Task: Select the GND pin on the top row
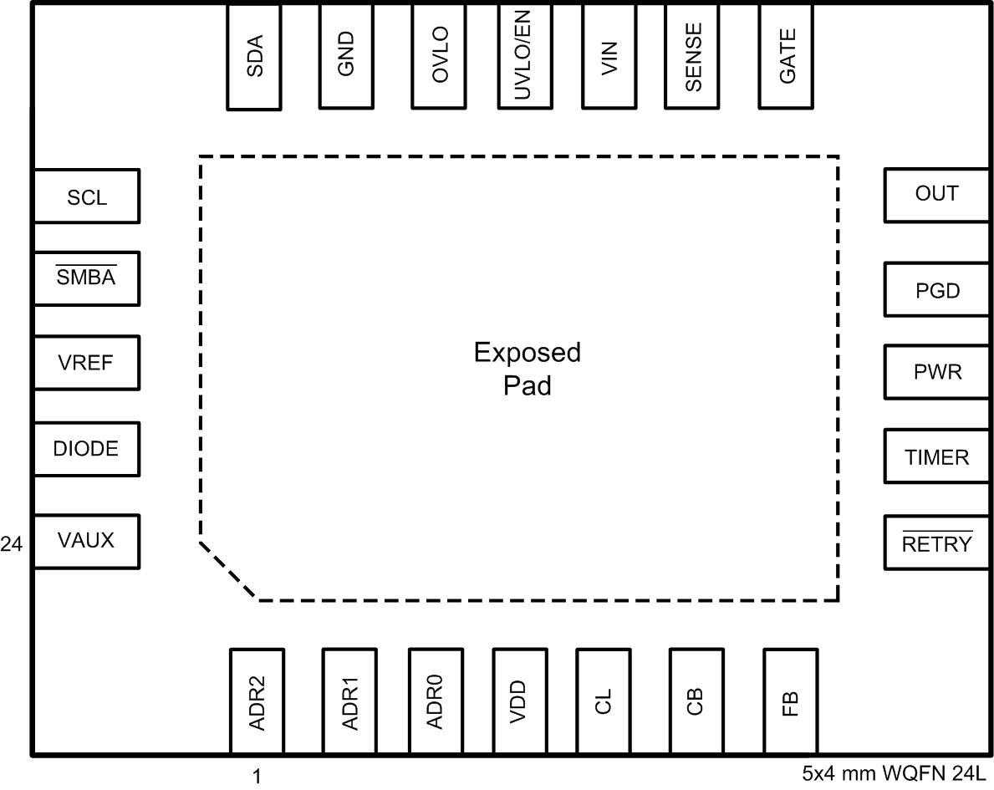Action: coord(346,56)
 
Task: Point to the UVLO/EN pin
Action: coord(524,56)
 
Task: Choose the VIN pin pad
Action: coord(609,56)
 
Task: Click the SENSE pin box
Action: coord(692,56)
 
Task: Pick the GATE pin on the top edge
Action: coord(787,56)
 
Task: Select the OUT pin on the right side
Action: coord(937,194)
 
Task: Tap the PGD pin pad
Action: coord(937,290)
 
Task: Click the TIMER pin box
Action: coord(937,457)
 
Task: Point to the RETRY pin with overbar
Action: coord(937,543)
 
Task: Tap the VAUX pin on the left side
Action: coord(86,541)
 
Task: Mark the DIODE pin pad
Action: coord(86,449)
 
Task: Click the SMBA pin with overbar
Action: coord(86,278)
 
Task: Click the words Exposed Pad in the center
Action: coord(527,370)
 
